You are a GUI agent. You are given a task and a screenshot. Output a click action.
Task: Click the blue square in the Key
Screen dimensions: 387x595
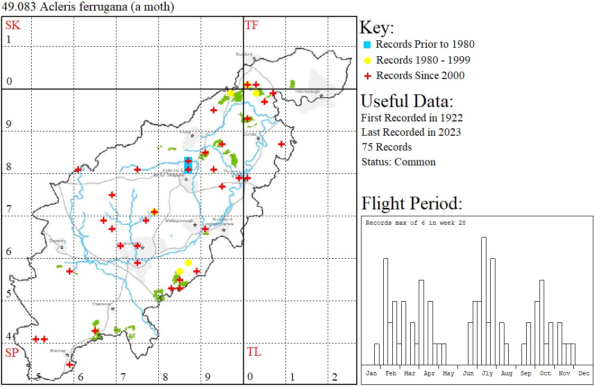coord(368,45)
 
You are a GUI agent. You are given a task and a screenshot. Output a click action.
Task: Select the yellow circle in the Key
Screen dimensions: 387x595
coord(368,60)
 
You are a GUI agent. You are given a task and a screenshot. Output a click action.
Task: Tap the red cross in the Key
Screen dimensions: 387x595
coord(368,76)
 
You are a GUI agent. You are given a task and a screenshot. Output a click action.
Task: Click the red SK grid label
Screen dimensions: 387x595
coord(13,25)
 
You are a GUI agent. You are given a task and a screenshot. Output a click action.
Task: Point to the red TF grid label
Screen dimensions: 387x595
coord(251,25)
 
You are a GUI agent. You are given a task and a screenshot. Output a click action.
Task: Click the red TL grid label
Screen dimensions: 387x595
coord(254,352)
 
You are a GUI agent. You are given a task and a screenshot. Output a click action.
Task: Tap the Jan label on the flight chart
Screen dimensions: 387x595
coord(372,373)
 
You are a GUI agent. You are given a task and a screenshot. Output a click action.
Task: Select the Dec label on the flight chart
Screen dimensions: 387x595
coord(584,373)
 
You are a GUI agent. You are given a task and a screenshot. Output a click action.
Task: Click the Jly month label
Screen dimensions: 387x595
coord(487,373)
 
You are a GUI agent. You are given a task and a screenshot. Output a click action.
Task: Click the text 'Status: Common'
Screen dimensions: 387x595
coord(399,162)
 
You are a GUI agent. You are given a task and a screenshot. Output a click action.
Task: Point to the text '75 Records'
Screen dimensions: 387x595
coord(386,147)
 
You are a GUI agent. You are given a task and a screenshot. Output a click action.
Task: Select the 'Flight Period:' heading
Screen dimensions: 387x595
coord(411,204)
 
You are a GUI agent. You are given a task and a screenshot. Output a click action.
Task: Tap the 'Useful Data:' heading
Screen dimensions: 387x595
coord(407,101)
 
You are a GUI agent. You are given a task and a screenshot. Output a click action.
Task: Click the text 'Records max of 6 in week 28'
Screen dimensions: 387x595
coord(416,223)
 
